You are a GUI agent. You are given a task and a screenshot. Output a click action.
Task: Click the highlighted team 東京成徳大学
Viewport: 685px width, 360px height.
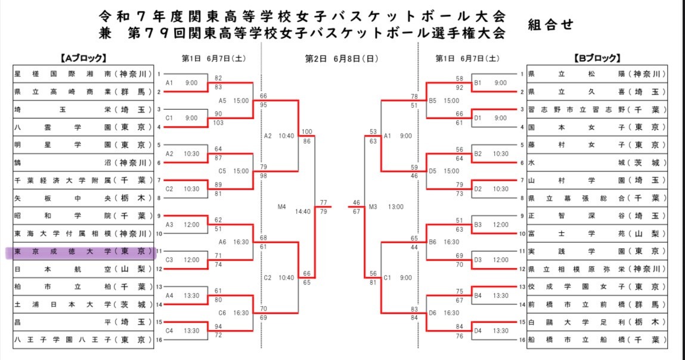pyautogui.click(x=80, y=252)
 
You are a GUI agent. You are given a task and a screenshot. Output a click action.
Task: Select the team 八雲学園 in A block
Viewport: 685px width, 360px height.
pyautogui.click(x=80, y=127)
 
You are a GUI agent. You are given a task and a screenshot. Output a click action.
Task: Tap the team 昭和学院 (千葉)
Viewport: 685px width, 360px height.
pyautogui.click(x=80, y=216)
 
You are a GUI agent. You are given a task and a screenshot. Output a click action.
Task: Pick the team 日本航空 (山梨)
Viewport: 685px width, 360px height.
pyautogui.click(x=80, y=269)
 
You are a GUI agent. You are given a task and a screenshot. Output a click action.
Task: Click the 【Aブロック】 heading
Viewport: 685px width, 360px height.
pyautogui.click(x=83, y=58)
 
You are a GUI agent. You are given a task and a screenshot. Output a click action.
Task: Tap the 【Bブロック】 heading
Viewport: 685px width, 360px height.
pyautogui.click(x=597, y=58)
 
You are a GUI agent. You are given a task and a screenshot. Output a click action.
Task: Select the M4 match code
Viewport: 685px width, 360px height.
pyautogui.click(x=282, y=207)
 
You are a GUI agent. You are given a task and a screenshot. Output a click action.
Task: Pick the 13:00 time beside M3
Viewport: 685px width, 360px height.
pyautogui.click(x=395, y=207)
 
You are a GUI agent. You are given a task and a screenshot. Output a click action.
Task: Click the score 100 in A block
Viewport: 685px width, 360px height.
pyautogui.click(x=306, y=132)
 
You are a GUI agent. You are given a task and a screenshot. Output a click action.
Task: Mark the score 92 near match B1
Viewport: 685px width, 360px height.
pyautogui.click(x=459, y=88)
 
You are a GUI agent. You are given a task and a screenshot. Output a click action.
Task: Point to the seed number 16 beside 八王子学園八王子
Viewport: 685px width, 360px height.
pyautogui.click(x=159, y=340)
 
